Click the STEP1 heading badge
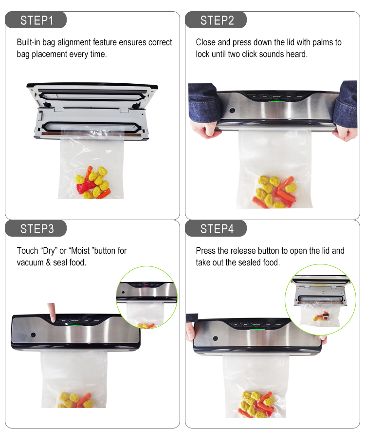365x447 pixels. tap(36, 20)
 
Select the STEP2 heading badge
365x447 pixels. tap(217, 20)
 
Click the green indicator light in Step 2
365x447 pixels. tap(275, 102)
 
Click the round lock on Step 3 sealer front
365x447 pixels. tap(34, 335)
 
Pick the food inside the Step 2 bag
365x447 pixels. tap(274, 191)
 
